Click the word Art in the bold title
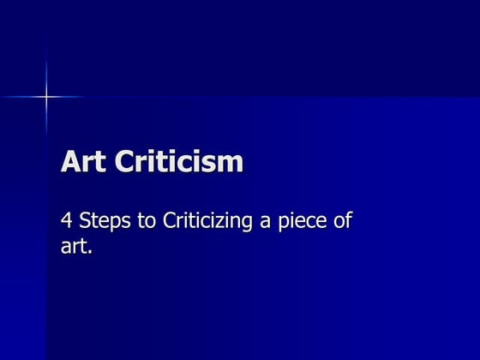[81, 162]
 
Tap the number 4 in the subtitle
[66, 221]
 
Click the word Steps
[104, 222]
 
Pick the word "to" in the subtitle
[147, 221]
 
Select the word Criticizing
[208, 222]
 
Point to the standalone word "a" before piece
[267, 224]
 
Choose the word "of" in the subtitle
[343, 221]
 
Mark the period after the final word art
[89, 254]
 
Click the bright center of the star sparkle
[45, 97]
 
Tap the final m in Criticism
[231, 164]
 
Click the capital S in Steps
[86, 221]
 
